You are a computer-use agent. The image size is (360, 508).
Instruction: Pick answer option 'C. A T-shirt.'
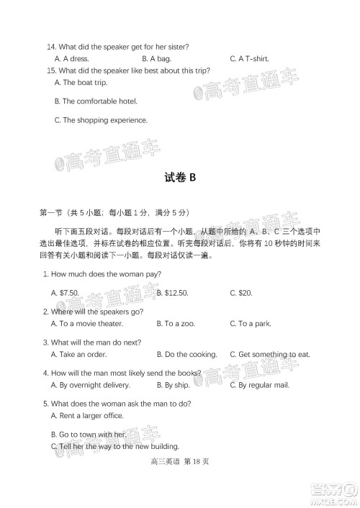249,58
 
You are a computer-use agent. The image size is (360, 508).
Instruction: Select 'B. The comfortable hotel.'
96,101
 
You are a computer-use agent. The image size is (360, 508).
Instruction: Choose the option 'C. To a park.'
250,324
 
